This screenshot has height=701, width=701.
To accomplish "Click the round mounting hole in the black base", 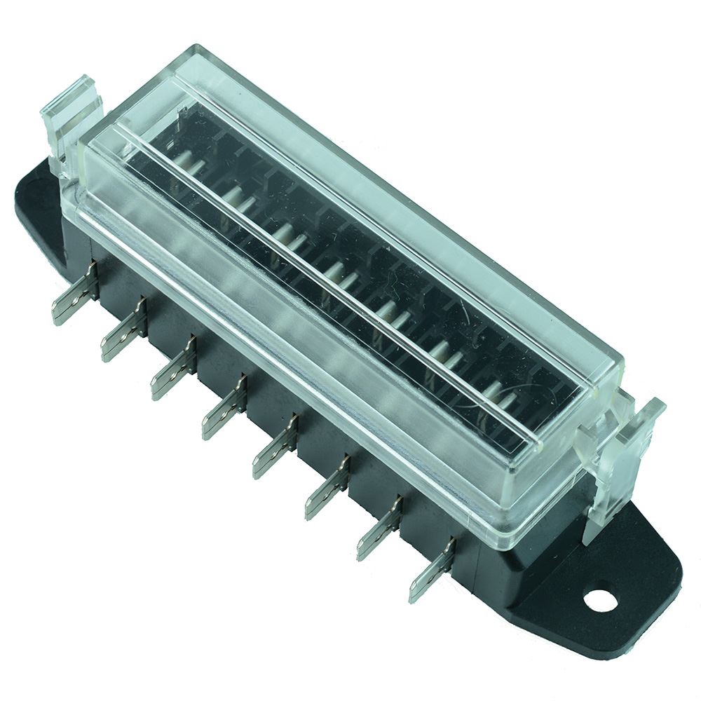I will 597,599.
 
